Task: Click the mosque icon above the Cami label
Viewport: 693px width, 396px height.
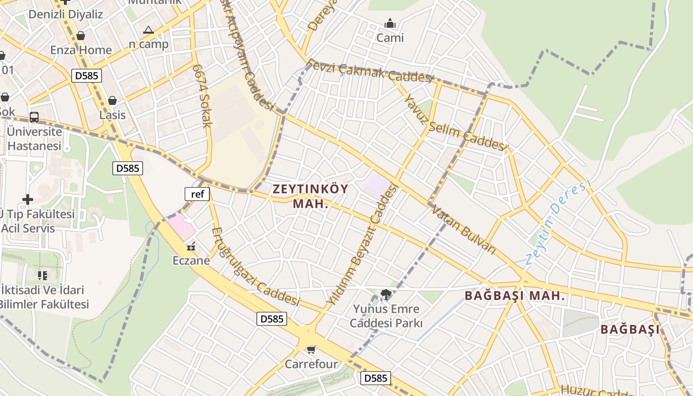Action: coord(390,23)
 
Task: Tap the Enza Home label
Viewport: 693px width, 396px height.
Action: coord(81,50)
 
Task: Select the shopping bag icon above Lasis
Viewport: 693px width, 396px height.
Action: coord(113,100)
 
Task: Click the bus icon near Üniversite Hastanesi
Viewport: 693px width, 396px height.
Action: coord(34,117)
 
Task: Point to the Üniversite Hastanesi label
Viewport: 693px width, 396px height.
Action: coord(35,139)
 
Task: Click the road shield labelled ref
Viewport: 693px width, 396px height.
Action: coord(197,194)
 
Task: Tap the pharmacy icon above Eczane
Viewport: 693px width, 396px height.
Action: coord(191,246)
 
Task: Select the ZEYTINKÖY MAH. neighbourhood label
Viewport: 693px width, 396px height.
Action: coord(310,196)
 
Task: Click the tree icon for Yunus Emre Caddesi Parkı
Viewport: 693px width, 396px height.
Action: coord(386,295)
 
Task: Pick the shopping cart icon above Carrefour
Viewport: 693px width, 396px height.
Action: coord(311,350)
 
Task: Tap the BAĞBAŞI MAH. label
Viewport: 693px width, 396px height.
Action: coord(515,296)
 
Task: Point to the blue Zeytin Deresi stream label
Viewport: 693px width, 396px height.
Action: coord(558,221)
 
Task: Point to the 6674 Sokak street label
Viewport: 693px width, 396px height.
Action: coord(202,95)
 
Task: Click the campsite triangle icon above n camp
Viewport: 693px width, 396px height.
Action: coord(148,30)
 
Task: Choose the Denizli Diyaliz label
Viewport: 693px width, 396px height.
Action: coord(65,14)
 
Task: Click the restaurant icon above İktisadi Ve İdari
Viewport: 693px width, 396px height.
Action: coord(43,275)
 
